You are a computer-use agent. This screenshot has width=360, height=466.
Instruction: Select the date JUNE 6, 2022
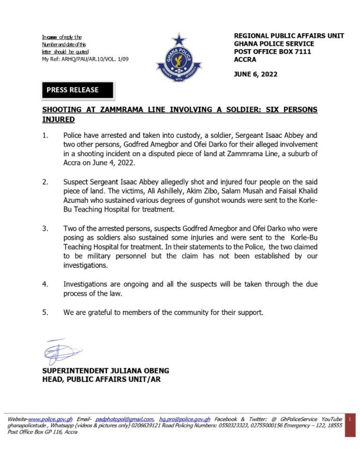(256, 74)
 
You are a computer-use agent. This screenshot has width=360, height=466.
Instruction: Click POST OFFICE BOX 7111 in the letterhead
(273, 52)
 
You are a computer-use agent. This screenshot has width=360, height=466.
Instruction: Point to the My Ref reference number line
(85, 59)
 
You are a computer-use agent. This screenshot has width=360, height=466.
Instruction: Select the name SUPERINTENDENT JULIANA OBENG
(106, 371)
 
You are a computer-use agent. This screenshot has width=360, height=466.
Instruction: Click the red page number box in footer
(351, 418)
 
